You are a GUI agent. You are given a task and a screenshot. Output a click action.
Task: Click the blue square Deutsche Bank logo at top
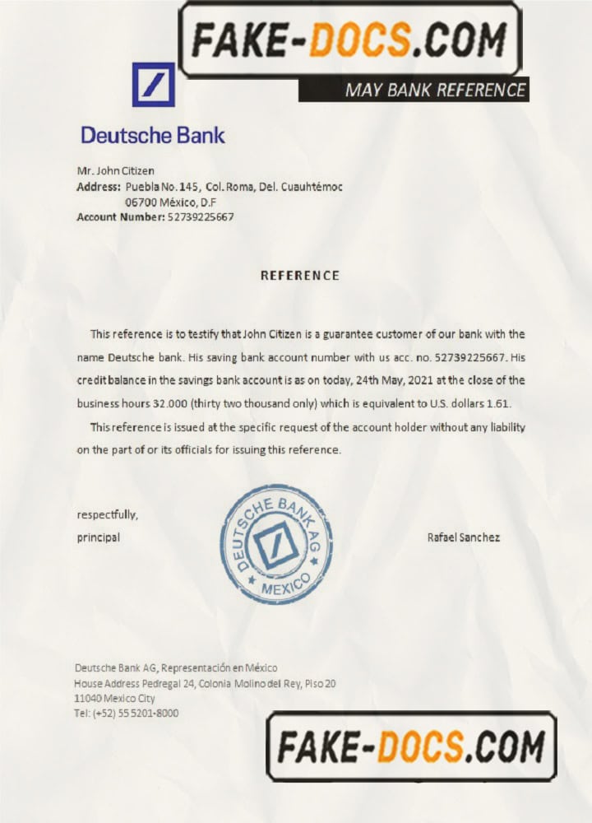(x=154, y=84)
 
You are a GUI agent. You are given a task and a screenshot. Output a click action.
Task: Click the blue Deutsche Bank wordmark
(x=152, y=135)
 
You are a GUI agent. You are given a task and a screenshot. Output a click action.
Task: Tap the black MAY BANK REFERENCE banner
(x=413, y=90)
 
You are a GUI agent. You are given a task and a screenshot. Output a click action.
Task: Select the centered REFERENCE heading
(x=299, y=276)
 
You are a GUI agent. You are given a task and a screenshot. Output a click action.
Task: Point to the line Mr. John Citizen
(x=115, y=171)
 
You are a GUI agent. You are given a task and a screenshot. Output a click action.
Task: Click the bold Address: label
(x=99, y=187)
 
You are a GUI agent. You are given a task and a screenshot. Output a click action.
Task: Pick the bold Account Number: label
(x=120, y=217)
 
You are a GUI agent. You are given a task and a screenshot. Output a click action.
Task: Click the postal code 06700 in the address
(x=141, y=202)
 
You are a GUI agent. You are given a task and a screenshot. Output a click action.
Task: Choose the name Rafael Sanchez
(x=464, y=537)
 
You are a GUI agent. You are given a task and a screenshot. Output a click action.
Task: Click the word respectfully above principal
(x=107, y=515)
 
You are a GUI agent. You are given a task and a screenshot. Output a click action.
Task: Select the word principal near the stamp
(x=98, y=537)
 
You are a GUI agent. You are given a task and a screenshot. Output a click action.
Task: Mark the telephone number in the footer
(x=126, y=714)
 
